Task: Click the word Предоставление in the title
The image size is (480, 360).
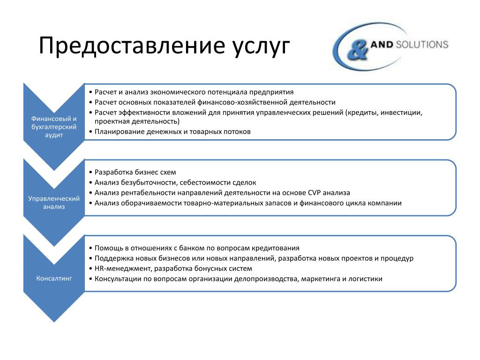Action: coord(132,45)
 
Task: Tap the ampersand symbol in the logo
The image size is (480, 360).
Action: coord(357,50)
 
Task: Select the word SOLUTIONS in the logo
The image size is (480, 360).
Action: coord(422,45)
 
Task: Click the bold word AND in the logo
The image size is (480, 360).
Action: coord(382,45)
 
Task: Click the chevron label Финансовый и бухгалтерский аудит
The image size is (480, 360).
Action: coord(54,127)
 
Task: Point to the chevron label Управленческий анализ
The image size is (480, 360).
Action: coord(54,202)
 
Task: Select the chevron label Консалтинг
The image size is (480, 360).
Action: coord(54,278)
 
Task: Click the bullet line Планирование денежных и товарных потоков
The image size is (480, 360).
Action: coord(172,132)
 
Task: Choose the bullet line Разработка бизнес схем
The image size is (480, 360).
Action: coord(135,172)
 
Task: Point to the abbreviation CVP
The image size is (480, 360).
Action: coord(314,193)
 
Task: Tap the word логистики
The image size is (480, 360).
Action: coord(366,279)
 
